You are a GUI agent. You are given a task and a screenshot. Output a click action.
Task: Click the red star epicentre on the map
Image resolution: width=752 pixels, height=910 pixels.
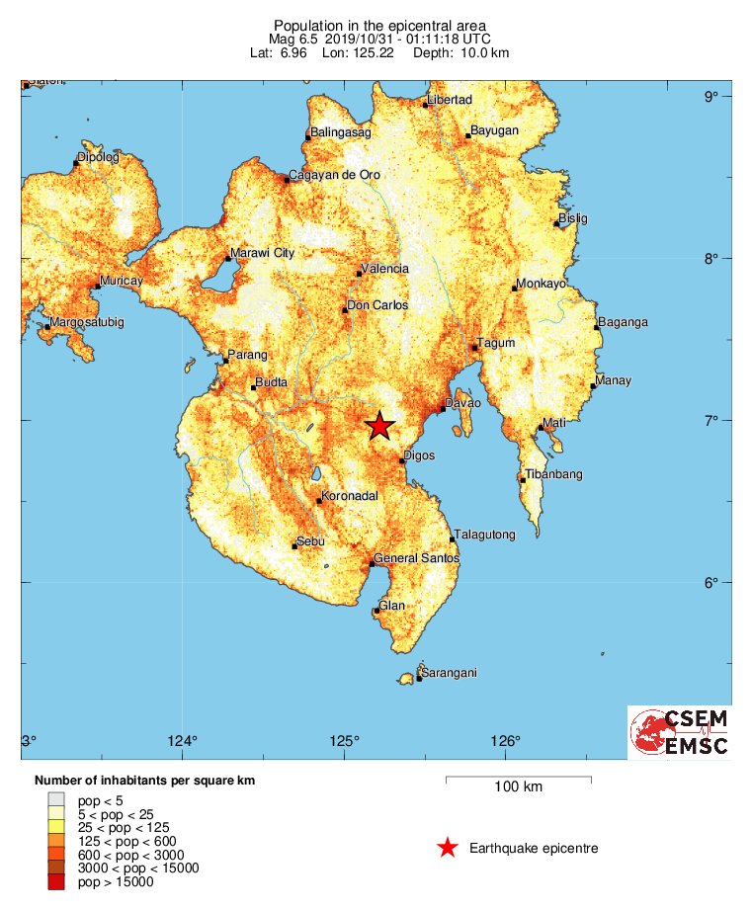point(380,426)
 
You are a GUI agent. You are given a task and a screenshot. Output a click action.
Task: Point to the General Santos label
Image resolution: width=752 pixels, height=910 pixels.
point(416,559)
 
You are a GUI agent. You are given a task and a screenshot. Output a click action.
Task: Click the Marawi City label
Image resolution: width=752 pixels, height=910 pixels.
point(263,253)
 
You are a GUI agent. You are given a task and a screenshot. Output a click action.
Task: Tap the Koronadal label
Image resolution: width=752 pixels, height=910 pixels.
point(353,496)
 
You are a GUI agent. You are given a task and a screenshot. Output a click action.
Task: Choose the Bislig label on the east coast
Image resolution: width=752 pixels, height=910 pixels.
point(573,217)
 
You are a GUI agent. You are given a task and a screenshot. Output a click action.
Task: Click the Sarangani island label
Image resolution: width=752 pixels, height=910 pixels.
point(451,673)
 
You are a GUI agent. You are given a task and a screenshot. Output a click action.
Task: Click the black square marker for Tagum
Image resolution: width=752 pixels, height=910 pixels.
point(474,348)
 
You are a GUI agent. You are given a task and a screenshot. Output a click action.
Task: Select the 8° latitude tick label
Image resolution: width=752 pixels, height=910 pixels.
point(710,259)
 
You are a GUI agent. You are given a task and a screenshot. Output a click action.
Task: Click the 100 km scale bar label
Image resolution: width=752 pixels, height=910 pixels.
point(519,786)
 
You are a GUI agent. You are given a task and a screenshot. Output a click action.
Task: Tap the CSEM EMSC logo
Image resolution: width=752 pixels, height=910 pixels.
point(680,733)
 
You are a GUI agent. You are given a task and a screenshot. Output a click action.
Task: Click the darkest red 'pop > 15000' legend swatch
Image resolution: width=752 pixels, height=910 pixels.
point(56,881)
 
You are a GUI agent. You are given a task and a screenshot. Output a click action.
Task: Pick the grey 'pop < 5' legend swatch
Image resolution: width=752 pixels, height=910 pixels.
point(56,798)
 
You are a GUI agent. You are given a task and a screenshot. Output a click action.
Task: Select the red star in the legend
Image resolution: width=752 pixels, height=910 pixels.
point(448,848)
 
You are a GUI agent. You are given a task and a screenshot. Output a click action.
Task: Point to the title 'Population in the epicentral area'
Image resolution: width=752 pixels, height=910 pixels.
point(380,25)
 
